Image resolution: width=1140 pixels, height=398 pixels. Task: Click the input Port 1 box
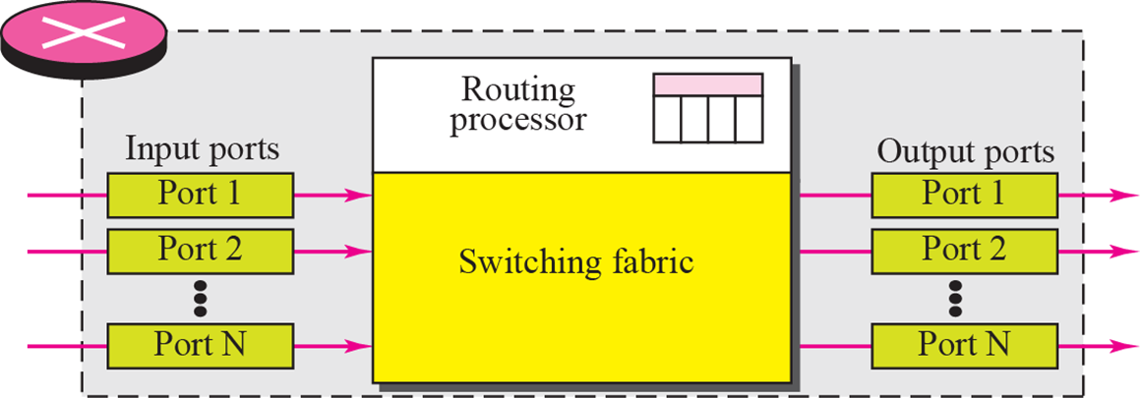(x=200, y=194)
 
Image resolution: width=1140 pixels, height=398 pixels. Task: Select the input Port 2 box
(x=200, y=250)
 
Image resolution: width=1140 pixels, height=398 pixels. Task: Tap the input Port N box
(x=200, y=345)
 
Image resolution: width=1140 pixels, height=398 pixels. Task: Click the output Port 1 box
(x=963, y=194)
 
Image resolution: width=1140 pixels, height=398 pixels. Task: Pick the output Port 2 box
(x=963, y=250)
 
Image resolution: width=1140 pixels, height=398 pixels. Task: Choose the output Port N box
(x=963, y=345)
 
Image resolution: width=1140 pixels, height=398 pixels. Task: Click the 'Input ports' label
(x=202, y=150)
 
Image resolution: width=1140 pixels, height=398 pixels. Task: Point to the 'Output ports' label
(x=965, y=152)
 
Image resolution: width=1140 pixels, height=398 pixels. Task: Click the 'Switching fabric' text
(x=576, y=262)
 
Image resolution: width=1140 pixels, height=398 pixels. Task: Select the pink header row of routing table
(x=707, y=84)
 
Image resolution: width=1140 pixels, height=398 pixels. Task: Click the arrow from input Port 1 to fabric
(x=332, y=195)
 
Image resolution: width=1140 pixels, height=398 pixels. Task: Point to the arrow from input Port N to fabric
(x=332, y=346)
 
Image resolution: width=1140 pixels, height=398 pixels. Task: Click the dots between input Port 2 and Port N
(x=200, y=298)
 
